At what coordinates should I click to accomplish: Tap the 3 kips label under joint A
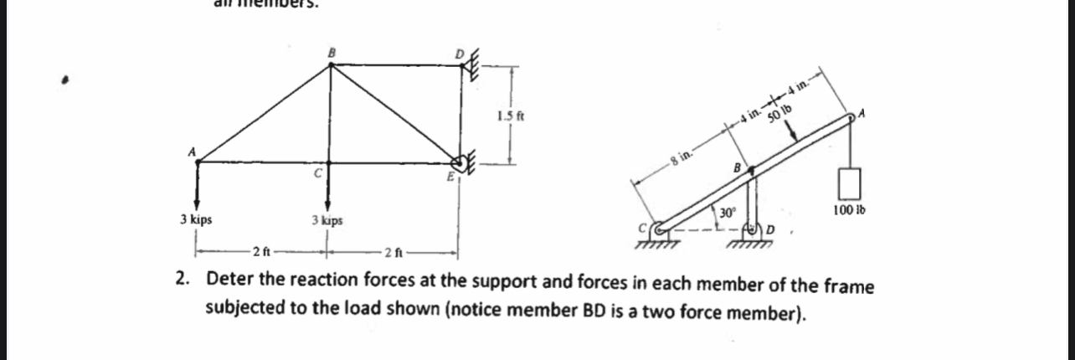tap(196, 219)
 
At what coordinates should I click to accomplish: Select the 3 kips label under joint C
tap(327, 221)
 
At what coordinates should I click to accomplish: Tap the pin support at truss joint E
tap(461, 163)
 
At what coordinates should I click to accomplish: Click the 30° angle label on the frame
tap(728, 213)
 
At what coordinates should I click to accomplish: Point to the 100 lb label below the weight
tap(849, 209)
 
